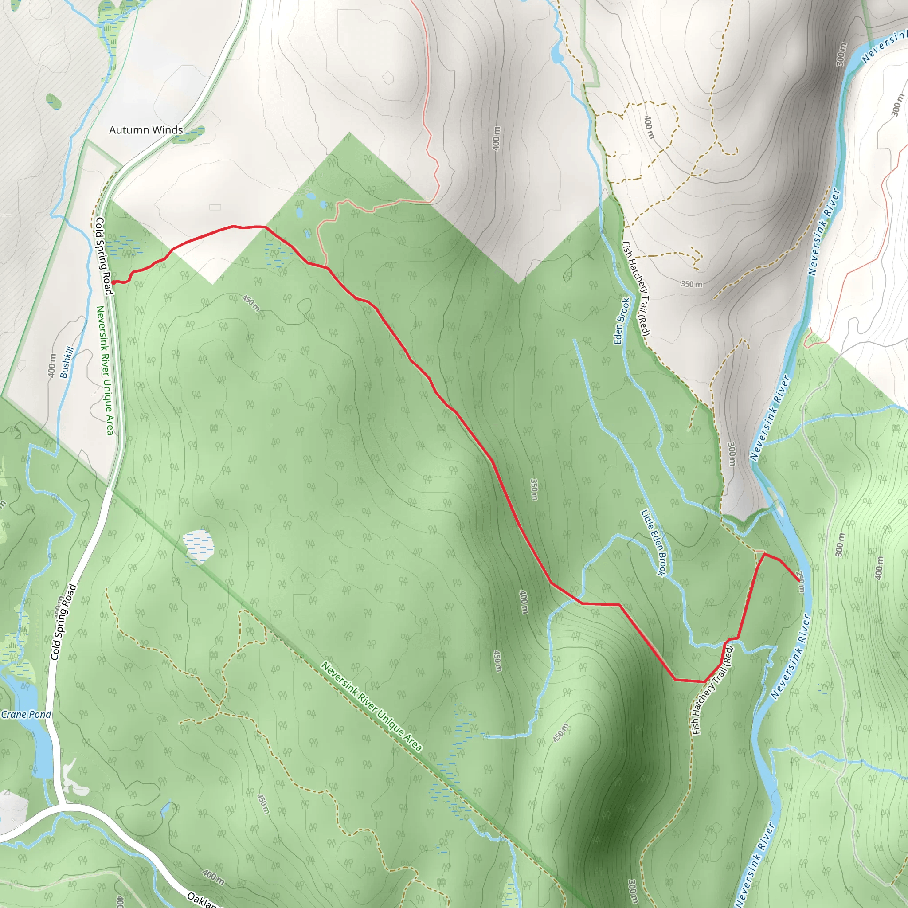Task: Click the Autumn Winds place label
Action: click(x=146, y=130)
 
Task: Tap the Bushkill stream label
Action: click(x=67, y=362)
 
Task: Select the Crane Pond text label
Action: click(x=26, y=715)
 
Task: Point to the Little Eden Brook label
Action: click(x=654, y=542)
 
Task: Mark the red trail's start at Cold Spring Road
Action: click(x=113, y=282)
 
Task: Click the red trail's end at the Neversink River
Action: click(x=798, y=580)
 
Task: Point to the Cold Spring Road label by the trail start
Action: click(x=103, y=256)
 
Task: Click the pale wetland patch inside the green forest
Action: click(x=198, y=546)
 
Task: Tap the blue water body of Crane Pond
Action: click(x=35, y=747)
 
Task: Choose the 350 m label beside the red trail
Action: click(x=534, y=490)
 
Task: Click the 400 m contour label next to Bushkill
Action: click(x=52, y=366)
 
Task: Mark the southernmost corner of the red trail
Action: click(x=704, y=681)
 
